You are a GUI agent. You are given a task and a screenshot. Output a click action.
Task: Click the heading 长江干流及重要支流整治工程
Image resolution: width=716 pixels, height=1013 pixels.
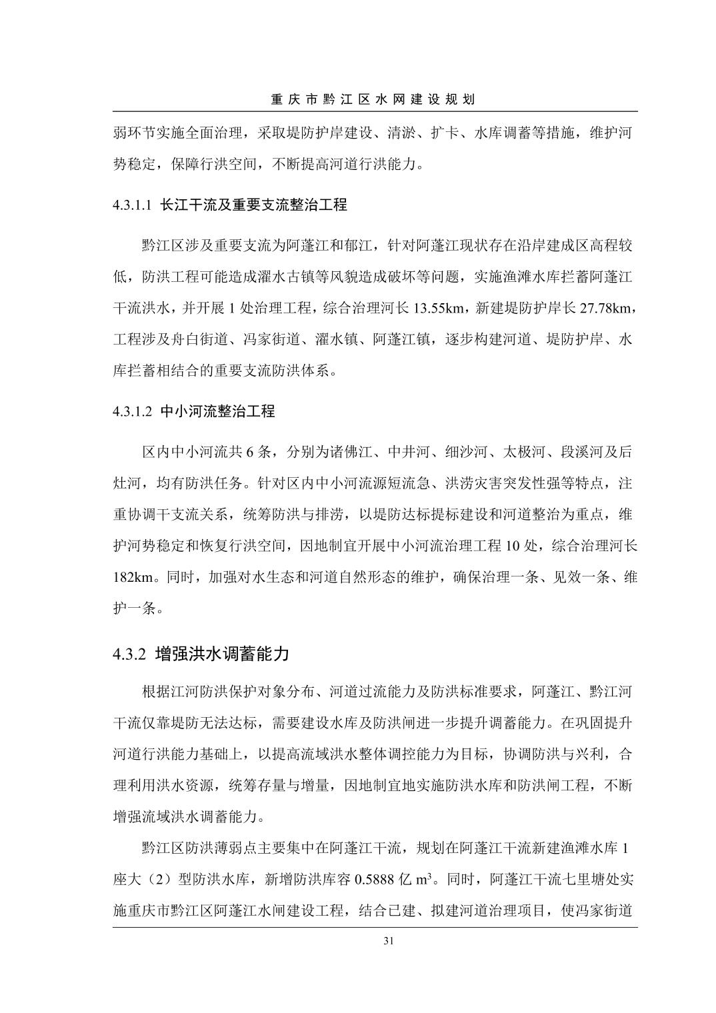(254, 205)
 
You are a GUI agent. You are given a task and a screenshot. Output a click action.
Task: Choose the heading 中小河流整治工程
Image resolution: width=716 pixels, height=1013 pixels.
(218, 411)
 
